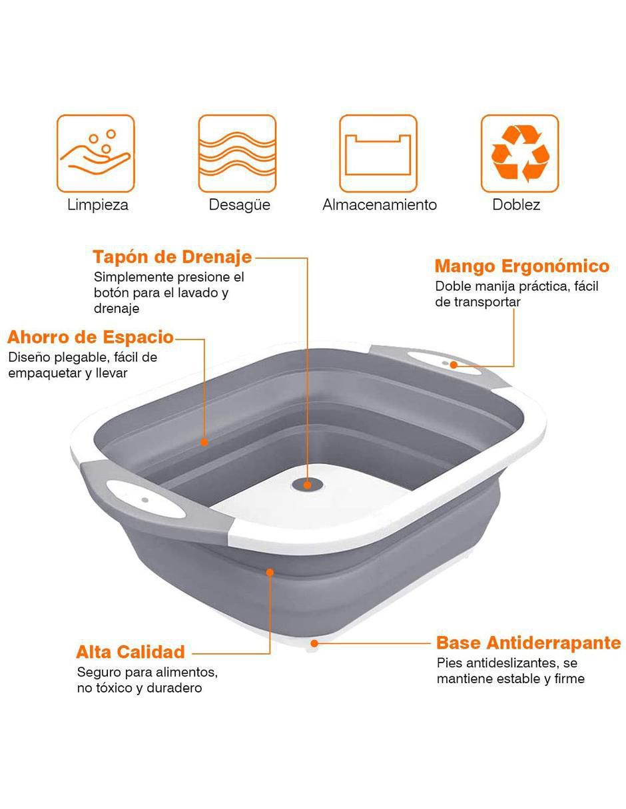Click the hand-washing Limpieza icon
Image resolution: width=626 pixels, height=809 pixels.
click(x=96, y=153)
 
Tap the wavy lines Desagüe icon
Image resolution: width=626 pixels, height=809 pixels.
click(x=237, y=153)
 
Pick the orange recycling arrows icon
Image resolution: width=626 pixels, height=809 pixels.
click(x=520, y=153)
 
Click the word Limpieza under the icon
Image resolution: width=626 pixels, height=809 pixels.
click(x=97, y=205)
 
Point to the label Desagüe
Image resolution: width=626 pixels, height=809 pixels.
click(x=239, y=205)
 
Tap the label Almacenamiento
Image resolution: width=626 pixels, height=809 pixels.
click(x=380, y=205)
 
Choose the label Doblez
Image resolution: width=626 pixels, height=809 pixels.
click(x=516, y=205)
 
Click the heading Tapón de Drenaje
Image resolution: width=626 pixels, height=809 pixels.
click(x=172, y=258)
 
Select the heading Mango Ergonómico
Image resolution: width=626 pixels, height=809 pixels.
click(x=522, y=266)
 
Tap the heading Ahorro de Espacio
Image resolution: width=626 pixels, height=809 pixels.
click(x=91, y=338)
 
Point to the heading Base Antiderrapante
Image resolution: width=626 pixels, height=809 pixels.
click(x=529, y=643)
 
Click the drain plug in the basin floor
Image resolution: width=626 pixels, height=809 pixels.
click(x=308, y=485)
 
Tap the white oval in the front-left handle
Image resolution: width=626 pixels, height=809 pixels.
click(x=146, y=499)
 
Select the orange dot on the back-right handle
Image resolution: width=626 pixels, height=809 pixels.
click(x=454, y=365)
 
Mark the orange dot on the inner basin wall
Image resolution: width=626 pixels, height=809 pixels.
click(x=204, y=442)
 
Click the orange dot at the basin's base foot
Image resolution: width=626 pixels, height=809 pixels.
click(x=314, y=643)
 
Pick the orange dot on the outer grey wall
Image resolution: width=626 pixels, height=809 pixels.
click(x=270, y=573)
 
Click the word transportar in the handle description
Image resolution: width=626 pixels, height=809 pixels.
click(x=487, y=302)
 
